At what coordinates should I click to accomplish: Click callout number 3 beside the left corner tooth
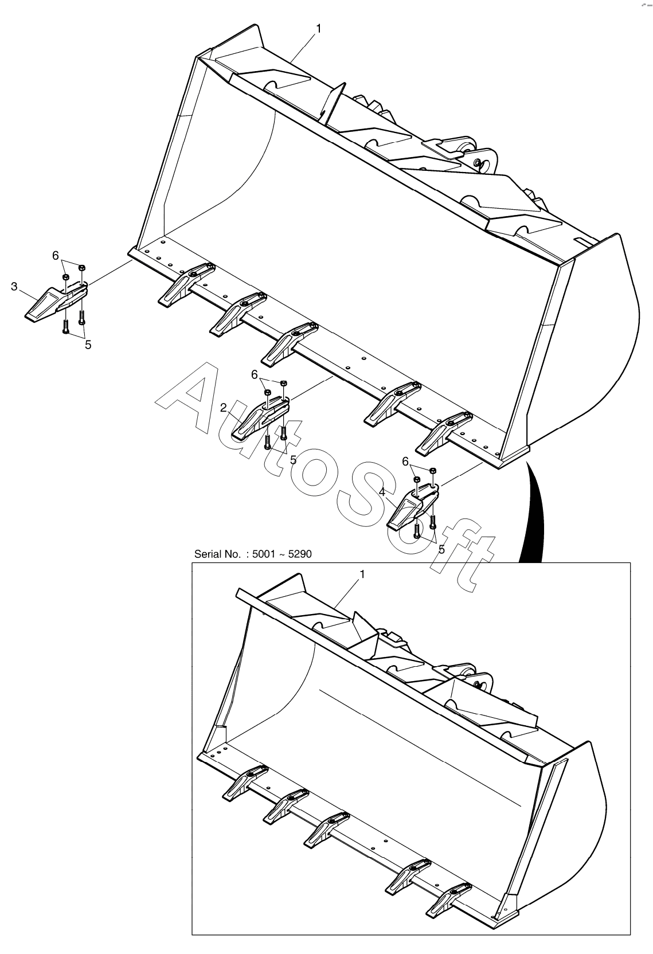click(x=14, y=286)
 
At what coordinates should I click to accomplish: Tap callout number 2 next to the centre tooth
click(x=224, y=408)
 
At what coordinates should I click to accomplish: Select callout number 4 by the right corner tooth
click(x=382, y=492)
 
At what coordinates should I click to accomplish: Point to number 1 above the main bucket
click(x=319, y=28)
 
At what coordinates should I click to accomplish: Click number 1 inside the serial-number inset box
click(x=362, y=574)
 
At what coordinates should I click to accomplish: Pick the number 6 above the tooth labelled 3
click(x=56, y=255)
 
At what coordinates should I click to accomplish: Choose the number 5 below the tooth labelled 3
click(x=88, y=345)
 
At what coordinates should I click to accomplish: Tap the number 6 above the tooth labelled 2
click(x=255, y=374)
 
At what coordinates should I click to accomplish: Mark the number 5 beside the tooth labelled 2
click(x=293, y=459)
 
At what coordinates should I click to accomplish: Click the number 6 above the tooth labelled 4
click(x=405, y=462)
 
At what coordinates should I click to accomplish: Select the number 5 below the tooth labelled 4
click(x=441, y=549)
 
